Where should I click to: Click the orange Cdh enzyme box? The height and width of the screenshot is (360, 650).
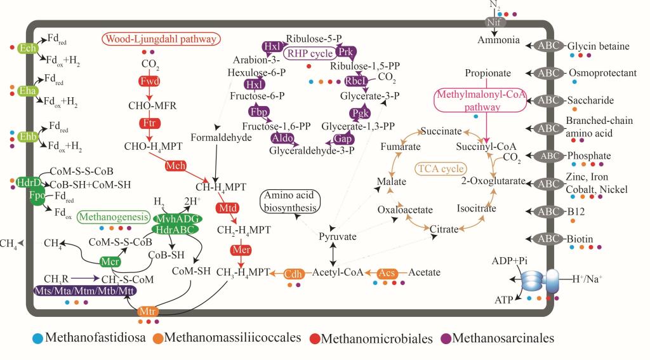pyautogui.click(x=293, y=272)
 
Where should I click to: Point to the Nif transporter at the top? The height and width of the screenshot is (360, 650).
pyautogui.click(x=497, y=21)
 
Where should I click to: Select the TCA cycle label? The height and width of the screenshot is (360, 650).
pyautogui.click(x=440, y=170)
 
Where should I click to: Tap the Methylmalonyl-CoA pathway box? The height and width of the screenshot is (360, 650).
pyautogui.click(x=466, y=102)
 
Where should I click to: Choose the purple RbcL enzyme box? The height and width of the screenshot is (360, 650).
pyautogui.click(x=357, y=81)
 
